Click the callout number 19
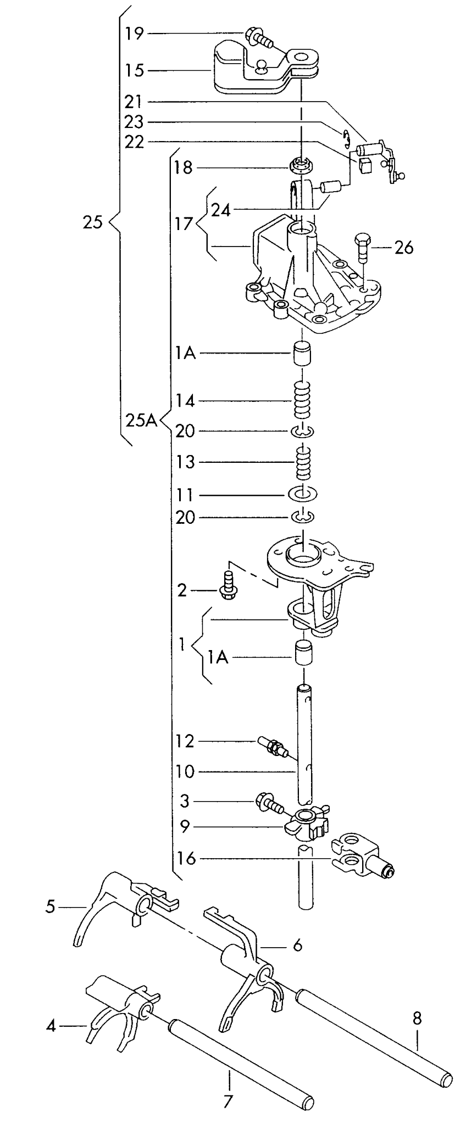[x=134, y=34]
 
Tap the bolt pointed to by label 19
[x=260, y=36]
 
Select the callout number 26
[x=403, y=248]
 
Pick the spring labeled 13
[x=303, y=463]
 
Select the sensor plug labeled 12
[x=271, y=747]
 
